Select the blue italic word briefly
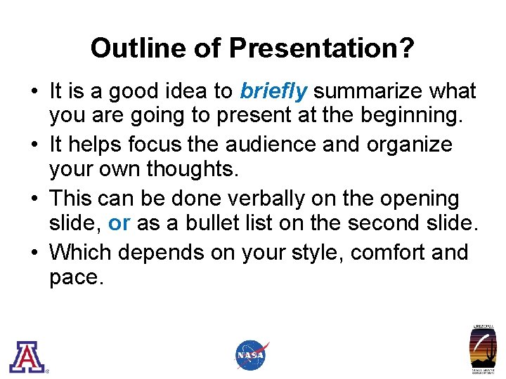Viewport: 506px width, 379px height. (273, 91)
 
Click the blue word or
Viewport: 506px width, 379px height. (119, 224)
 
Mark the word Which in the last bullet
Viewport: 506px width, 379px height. (81, 251)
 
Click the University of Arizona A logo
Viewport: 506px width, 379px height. (27, 356)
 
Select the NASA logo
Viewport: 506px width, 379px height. (252, 355)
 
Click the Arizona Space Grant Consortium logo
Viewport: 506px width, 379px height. (483, 350)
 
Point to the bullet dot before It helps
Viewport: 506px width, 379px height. (34, 145)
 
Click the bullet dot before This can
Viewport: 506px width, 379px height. (34, 199)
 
